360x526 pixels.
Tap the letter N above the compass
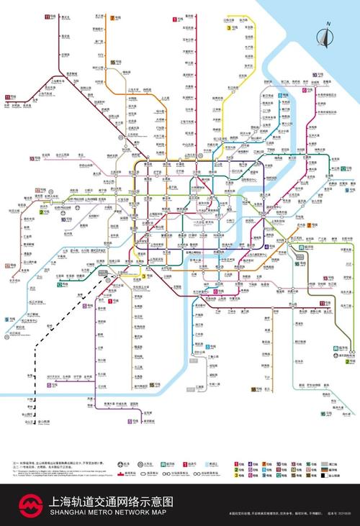click(x=328, y=24)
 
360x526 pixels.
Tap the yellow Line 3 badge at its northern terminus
click(x=230, y=27)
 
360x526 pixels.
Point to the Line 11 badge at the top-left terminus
click(x=48, y=16)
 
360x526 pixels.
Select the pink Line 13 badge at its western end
click(x=33, y=158)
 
